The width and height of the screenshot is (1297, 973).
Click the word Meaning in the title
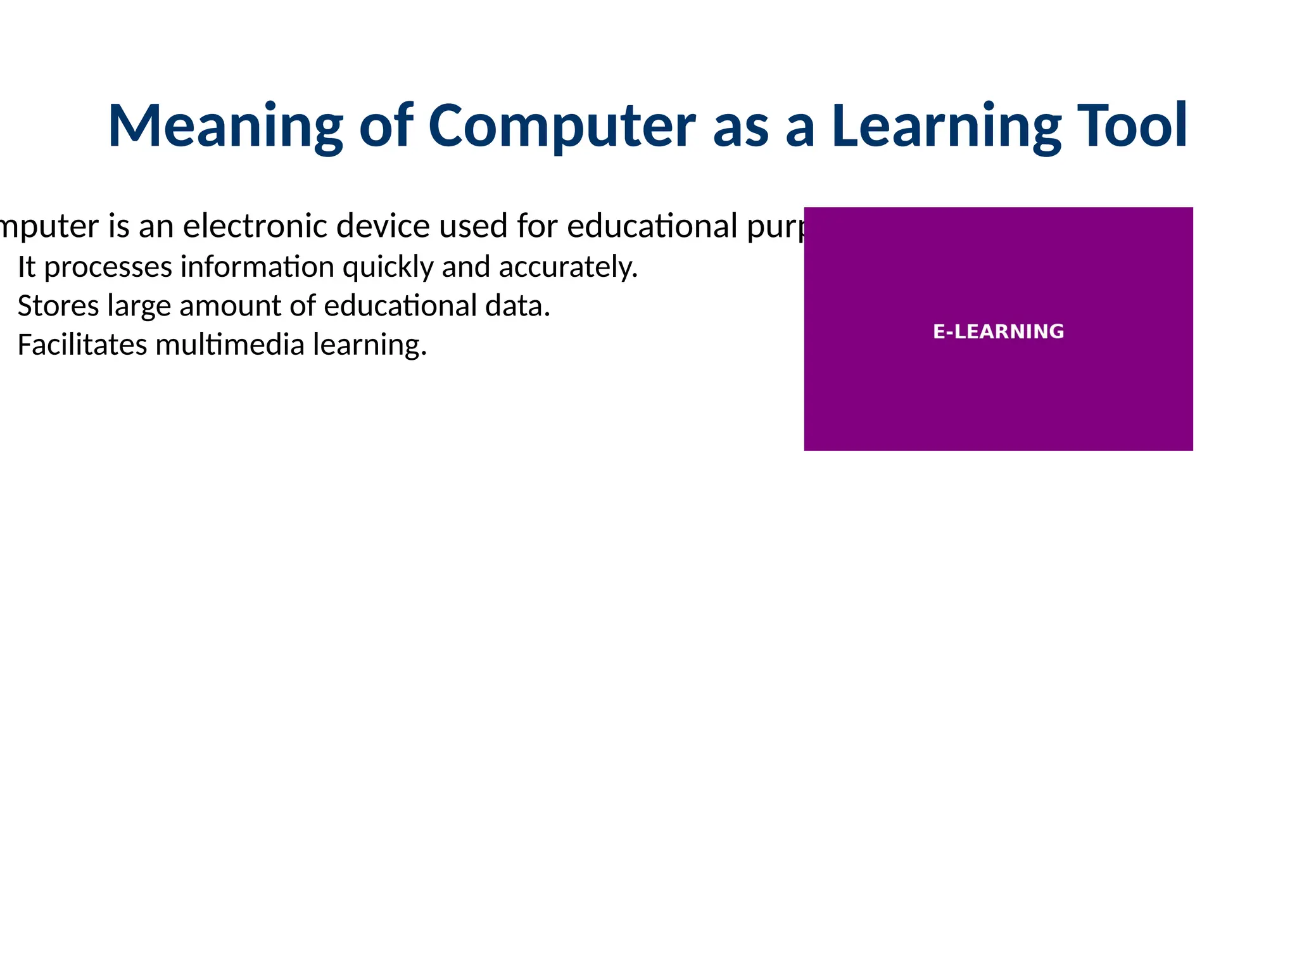pyautogui.click(x=225, y=126)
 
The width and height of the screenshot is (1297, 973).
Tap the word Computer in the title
pyautogui.click(x=562, y=126)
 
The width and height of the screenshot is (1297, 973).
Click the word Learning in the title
pyautogui.click(x=946, y=126)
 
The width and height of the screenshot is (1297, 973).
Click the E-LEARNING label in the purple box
pyautogui.click(x=998, y=331)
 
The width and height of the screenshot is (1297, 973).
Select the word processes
pyautogui.click(x=108, y=267)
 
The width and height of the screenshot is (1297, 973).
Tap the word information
pyautogui.click(x=256, y=267)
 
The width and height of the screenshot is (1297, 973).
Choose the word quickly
pyautogui.click(x=388, y=267)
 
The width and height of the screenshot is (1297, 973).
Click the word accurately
pyautogui.click(x=568, y=267)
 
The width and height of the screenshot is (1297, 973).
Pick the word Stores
pyautogui.click(x=58, y=306)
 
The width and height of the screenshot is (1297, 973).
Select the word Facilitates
pyautogui.click(x=82, y=345)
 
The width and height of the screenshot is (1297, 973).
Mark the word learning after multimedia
pyautogui.click(x=370, y=345)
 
